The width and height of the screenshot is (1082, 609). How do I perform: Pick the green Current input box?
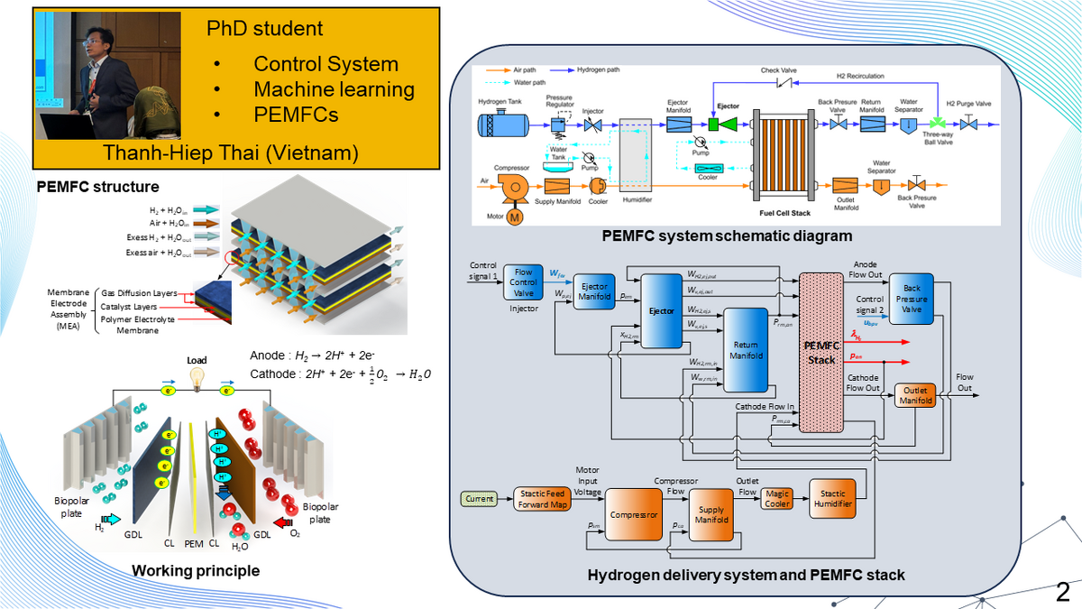pyautogui.click(x=480, y=498)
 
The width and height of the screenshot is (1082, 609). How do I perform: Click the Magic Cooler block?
pyautogui.click(x=777, y=499)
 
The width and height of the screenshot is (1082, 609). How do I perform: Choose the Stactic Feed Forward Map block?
pyautogui.click(x=544, y=499)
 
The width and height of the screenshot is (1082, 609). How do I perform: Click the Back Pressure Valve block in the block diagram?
pyautogui.click(x=912, y=299)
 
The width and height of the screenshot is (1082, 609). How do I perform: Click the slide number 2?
pyautogui.click(x=1062, y=592)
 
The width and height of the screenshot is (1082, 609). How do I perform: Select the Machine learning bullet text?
pyautogui.click(x=334, y=89)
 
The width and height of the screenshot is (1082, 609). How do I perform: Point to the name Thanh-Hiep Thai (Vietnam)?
pyautogui.click(x=230, y=153)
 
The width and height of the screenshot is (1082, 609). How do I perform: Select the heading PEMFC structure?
pyautogui.click(x=98, y=188)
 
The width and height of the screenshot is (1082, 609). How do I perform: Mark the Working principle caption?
pyautogui.click(x=196, y=570)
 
